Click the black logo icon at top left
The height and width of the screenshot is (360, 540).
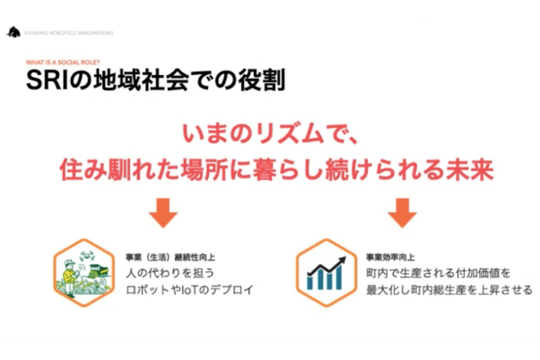coord(13,32)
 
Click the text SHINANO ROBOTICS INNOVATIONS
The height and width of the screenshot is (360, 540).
coord(68,33)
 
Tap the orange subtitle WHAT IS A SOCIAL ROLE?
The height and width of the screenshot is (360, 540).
coord(63,62)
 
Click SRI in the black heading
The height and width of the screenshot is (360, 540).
coord(46,80)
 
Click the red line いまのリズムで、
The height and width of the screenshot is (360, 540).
coord(271,134)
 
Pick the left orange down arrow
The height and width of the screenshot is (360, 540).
coord(163,213)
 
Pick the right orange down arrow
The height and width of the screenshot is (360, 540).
coord(402,213)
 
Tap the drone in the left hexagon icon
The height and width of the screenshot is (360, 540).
coord(87,255)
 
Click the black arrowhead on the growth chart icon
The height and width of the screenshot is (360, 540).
coord(342,261)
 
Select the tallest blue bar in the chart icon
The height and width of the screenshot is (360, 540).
coord(339,277)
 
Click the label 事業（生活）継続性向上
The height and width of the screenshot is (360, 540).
coord(170,257)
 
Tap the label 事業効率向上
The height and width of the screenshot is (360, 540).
coord(390,257)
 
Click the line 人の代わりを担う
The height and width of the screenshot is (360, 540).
coord(170,273)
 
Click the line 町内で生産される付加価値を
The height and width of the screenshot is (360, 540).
coord(438,273)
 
